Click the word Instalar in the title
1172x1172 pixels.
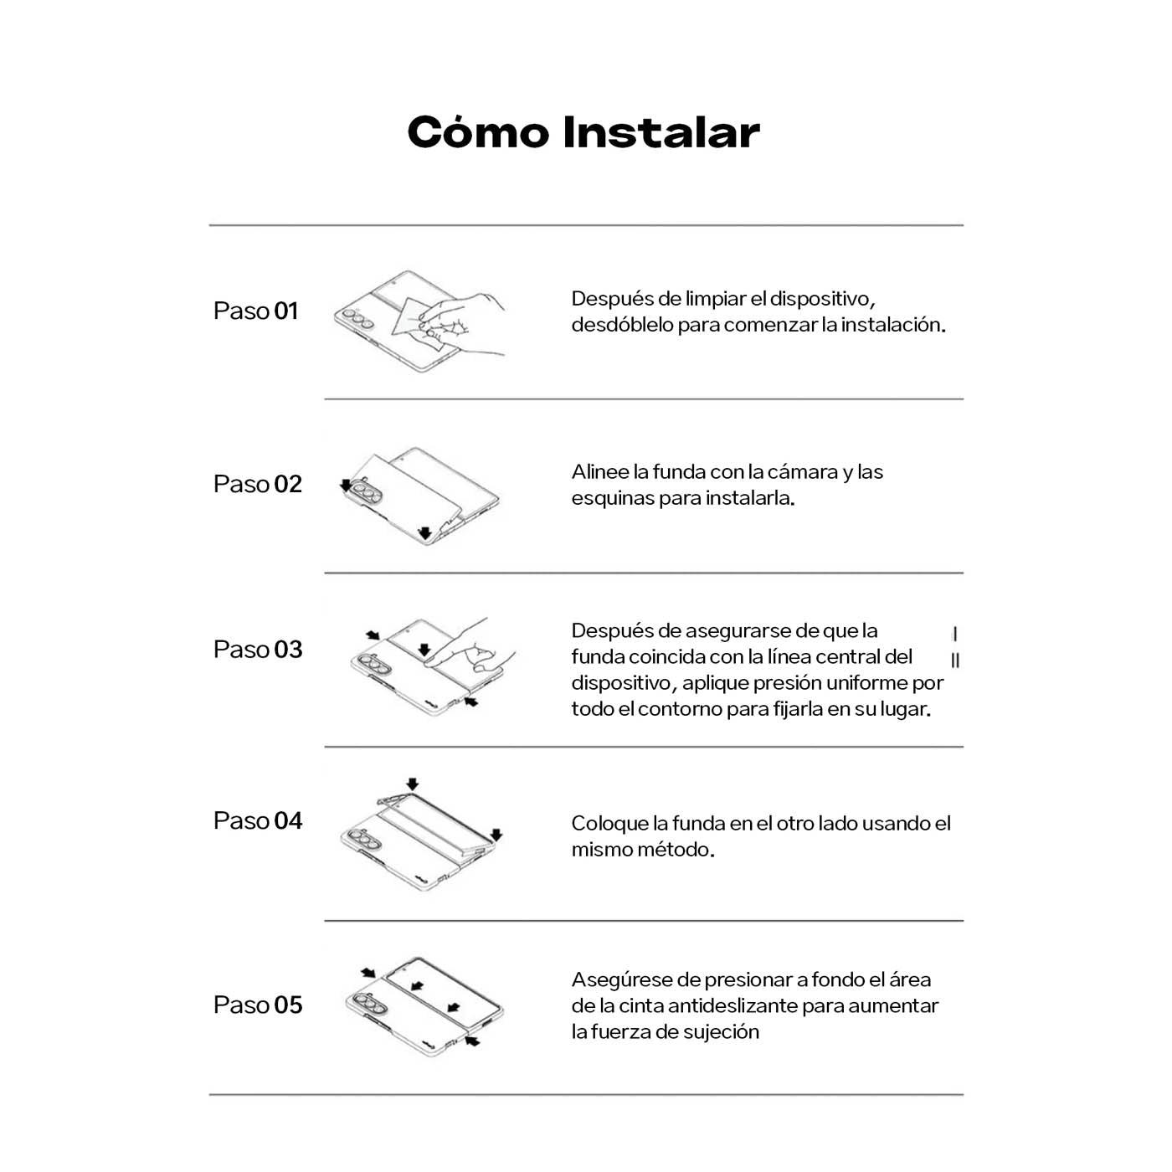(661, 133)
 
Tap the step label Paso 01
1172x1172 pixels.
(255, 311)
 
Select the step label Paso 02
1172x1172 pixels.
(257, 484)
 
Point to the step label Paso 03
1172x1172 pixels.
(257, 650)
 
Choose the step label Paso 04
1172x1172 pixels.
(257, 821)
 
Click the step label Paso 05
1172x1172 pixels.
(257, 1005)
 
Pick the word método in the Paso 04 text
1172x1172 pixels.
(676, 850)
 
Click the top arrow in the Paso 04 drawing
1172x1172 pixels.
(412, 784)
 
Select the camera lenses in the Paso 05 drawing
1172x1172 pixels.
(367, 1002)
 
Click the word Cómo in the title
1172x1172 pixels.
(478, 133)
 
